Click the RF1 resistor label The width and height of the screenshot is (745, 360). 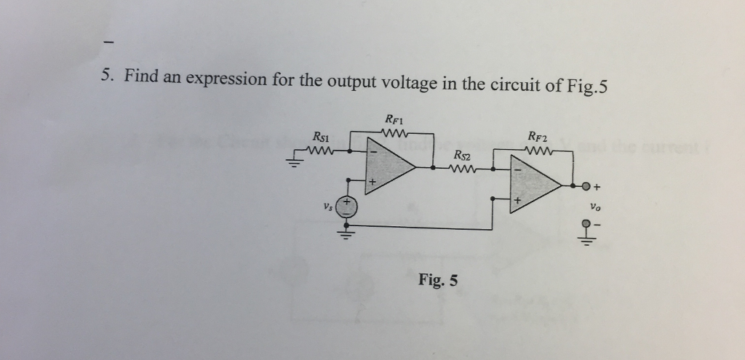click(x=394, y=119)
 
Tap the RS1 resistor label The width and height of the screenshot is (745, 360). click(x=320, y=136)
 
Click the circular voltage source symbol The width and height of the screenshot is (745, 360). click(x=347, y=206)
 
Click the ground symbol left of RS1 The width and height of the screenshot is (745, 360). click(x=297, y=161)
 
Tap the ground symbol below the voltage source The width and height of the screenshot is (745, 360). click(x=347, y=236)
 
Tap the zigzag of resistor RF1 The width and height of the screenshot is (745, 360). click(x=394, y=132)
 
